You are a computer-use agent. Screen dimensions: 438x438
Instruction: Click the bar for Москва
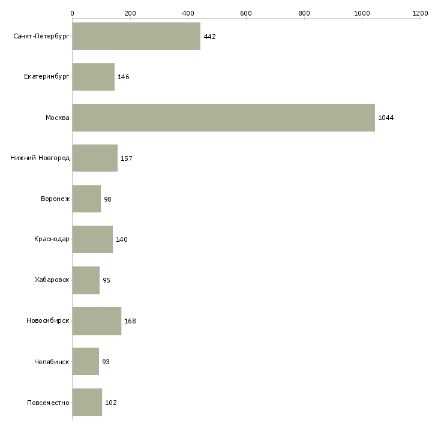223,118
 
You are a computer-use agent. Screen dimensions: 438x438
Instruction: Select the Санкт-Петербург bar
136,36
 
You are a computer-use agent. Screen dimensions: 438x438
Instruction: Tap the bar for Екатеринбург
93,77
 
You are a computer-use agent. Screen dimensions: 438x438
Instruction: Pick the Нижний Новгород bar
95,158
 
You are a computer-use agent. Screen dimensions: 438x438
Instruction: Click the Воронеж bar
86,199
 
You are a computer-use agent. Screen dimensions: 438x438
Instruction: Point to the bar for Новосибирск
97,321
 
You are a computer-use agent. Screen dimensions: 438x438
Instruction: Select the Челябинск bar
85,361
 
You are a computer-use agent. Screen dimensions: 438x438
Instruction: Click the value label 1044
386,118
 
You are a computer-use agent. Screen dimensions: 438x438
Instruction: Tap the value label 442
209,37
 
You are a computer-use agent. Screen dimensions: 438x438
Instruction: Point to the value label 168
130,321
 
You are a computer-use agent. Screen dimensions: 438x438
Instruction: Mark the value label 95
106,280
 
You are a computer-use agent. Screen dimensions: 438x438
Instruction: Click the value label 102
110,403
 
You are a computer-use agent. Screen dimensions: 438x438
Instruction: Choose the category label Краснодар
52,239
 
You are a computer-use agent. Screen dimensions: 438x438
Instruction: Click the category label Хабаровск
52,280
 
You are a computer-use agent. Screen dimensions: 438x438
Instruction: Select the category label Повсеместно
48,403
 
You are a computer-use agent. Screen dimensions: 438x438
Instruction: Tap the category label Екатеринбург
46,77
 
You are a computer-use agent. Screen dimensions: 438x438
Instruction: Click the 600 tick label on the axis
246,13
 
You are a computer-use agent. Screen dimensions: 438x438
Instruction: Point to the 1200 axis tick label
420,13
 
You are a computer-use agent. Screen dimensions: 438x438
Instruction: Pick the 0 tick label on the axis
73,13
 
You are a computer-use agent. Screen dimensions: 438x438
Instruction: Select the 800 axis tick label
304,13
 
